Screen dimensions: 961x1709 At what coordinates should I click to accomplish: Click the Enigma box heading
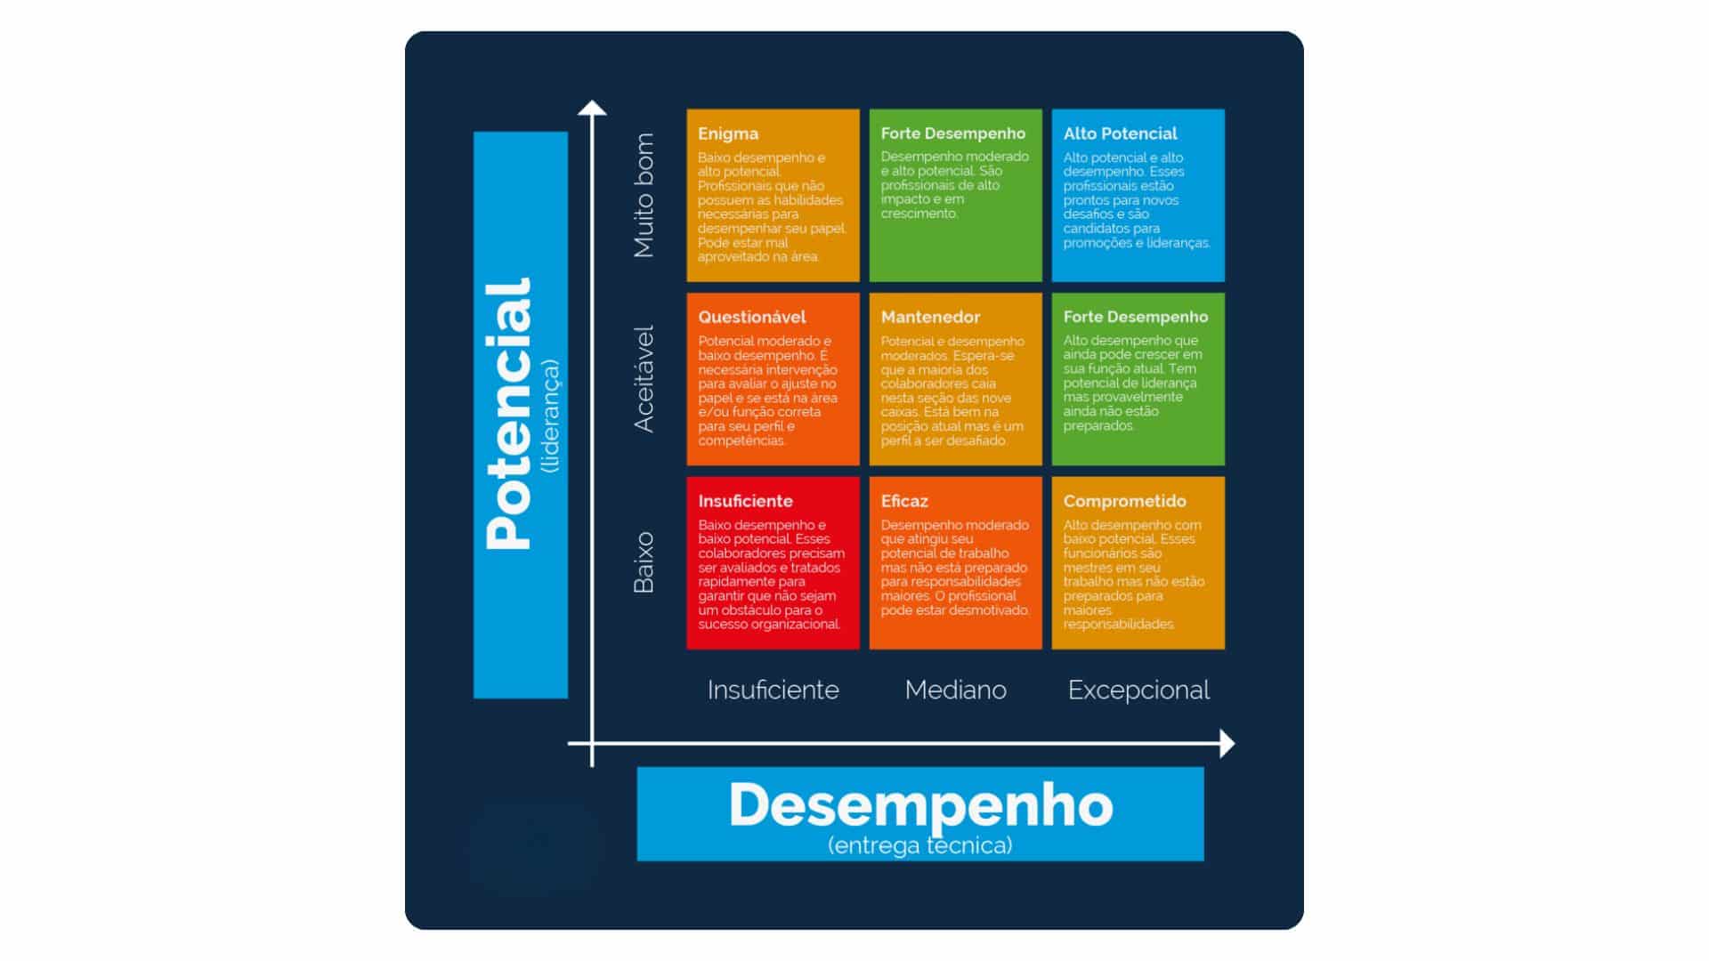tap(728, 134)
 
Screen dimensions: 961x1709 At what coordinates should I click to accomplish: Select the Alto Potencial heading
tap(1120, 134)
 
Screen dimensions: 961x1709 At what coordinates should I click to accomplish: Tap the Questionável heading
tap(751, 318)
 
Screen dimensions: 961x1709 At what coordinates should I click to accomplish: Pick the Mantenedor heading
tap(930, 318)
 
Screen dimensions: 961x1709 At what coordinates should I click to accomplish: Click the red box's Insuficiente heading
tap(745, 501)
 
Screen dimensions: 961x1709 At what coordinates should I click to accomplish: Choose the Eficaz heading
tap(904, 501)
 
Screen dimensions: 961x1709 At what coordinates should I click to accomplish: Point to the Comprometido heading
tap(1124, 501)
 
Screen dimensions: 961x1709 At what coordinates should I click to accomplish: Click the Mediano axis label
tap(955, 690)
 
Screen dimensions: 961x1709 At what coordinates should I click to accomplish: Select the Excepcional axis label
tap(1138, 690)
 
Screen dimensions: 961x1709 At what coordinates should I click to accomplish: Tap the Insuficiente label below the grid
tap(773, 690)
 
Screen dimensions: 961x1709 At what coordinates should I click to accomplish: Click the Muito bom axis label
tap(644, 196)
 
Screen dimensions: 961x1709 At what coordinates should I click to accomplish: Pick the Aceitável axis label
tap(644, 379)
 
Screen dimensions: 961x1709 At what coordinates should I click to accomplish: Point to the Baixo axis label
tap(644, 562)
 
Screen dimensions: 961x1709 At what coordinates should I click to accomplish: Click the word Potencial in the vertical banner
tap(509, 414)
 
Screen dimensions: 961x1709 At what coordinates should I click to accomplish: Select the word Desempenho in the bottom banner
tap(920, 804)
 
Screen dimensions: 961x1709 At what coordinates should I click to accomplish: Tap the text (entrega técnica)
tap(920, 844)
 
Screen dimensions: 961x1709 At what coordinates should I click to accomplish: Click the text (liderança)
tap(551, 416)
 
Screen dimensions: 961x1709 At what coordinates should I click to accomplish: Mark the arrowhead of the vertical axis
tap(592, 109)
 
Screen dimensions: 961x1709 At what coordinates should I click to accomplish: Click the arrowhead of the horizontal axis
tap(1227, 743)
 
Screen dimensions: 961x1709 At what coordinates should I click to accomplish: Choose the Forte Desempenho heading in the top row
tap(952, 134)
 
